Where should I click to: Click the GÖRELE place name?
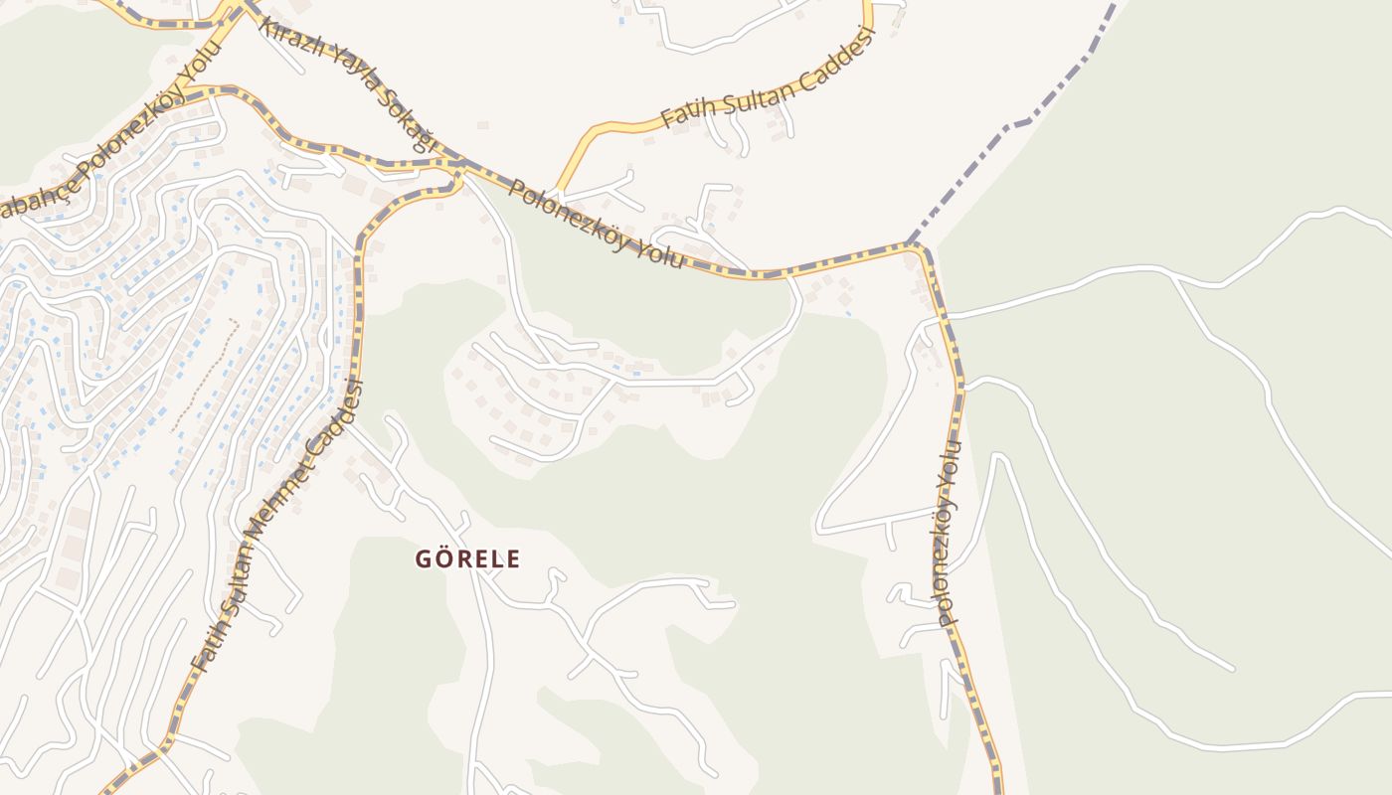click(467, 558)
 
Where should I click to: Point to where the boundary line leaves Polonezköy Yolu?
click(911, 243)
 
